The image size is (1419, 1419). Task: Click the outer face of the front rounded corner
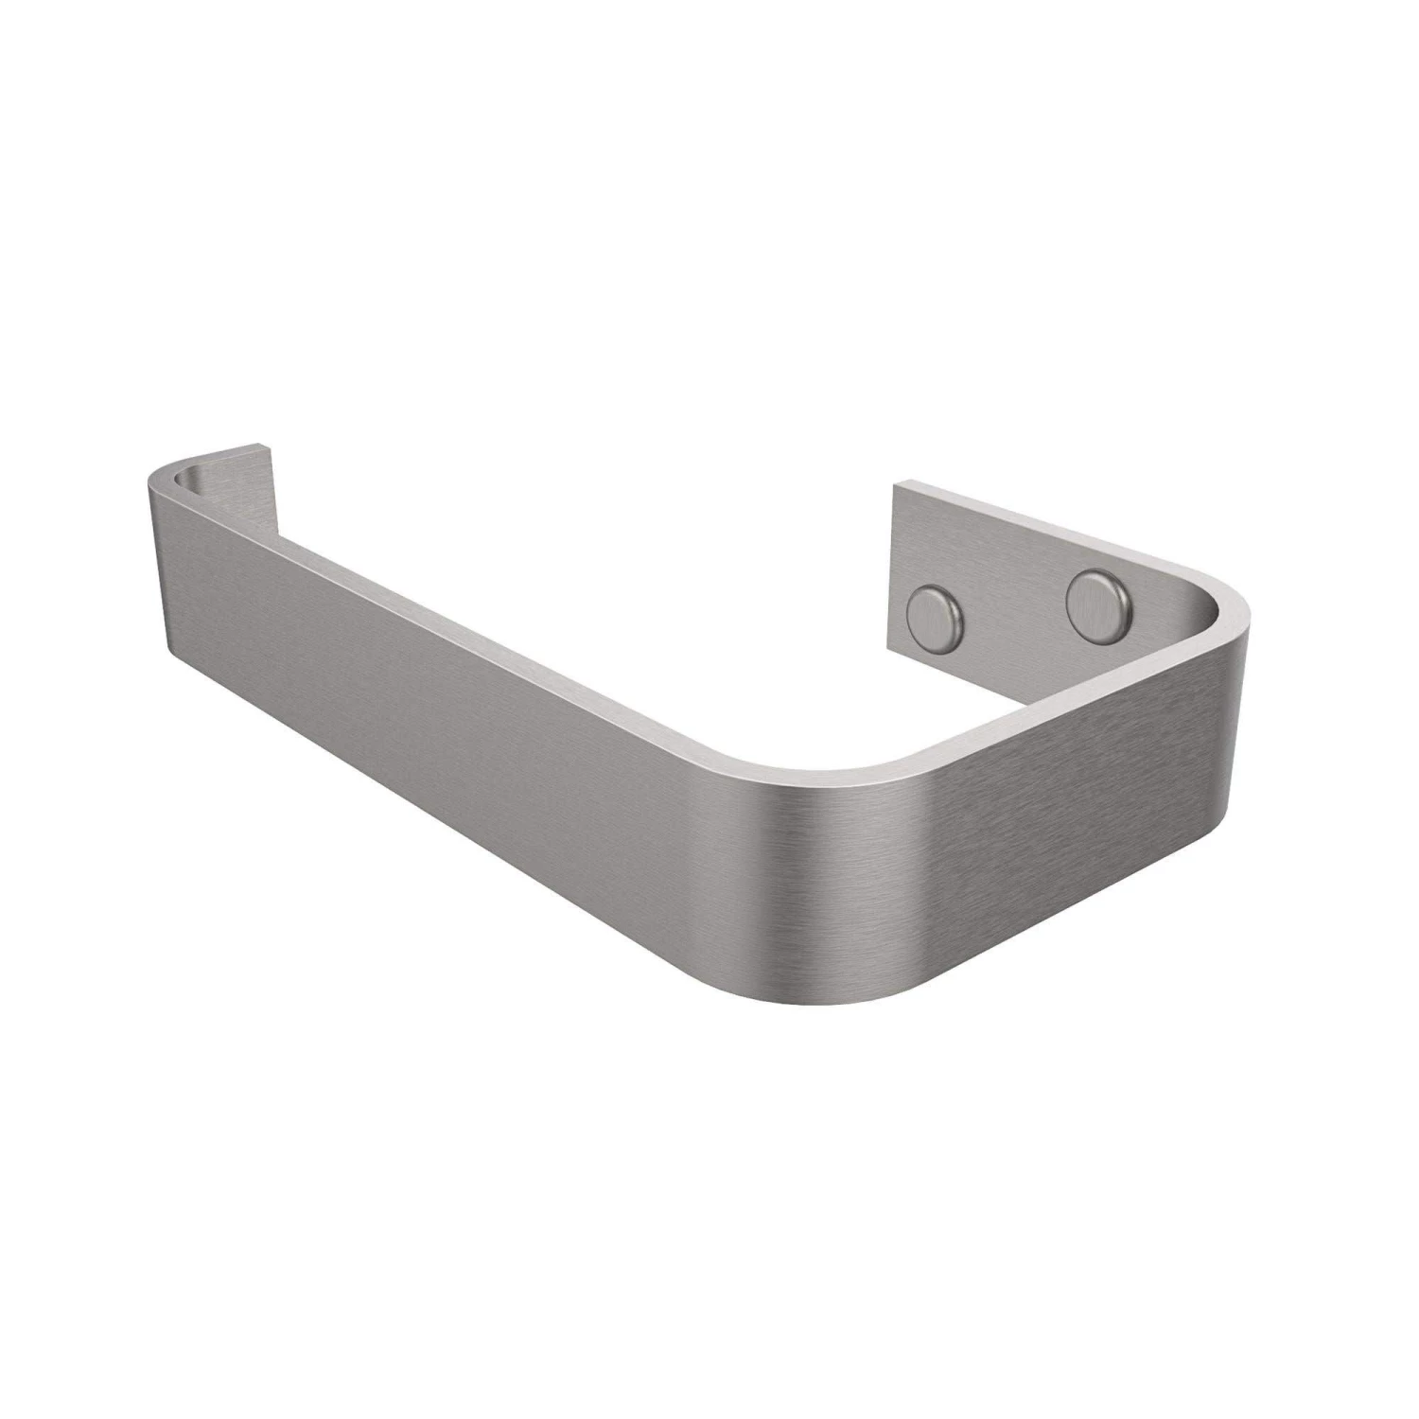832,870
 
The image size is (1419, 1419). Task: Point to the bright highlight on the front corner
908,851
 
